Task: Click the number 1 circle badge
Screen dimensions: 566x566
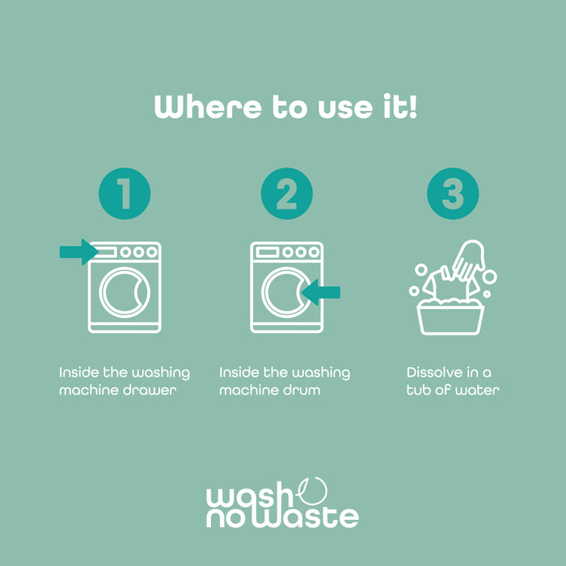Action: tap(125, 193)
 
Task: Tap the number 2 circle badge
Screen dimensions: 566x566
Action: tap(286, 193)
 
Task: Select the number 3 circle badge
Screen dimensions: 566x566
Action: tap(453, 193)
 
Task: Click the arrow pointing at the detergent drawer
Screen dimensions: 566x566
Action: tap(78, 252)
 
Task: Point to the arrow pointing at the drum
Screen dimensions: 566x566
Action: tap(321, 293)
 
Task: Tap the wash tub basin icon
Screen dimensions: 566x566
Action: tap(450, 319)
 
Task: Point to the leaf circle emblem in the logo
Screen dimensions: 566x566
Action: tap(313, 492)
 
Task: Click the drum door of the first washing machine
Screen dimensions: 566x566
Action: tap(125, 293)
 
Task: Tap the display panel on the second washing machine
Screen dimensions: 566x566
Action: tap(267, 252)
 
